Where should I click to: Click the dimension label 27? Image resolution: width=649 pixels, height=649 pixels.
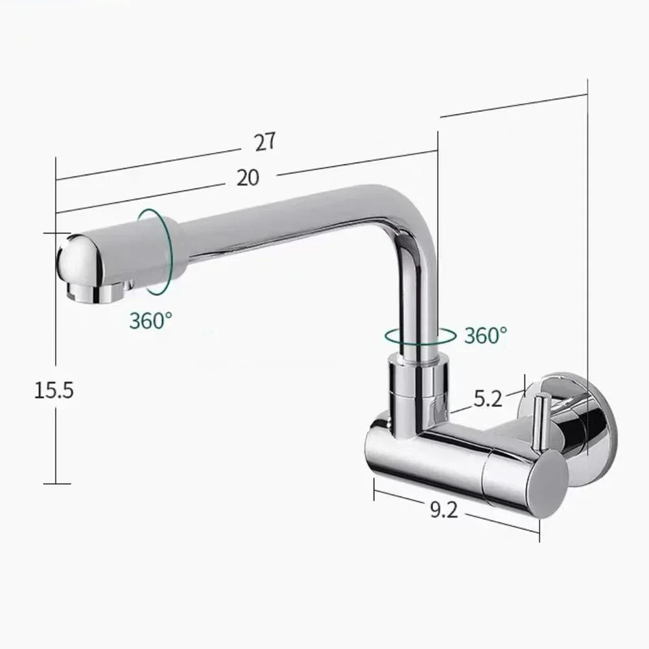(265, 142)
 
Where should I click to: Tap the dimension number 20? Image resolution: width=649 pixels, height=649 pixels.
(247, 177)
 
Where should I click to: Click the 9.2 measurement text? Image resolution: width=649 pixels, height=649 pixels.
(443, 511)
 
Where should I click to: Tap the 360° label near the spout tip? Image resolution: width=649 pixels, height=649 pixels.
(150, 320)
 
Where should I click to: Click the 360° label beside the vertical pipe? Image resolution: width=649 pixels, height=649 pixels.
(486, 335)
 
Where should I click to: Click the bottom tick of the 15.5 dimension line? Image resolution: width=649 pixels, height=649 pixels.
(56, 484)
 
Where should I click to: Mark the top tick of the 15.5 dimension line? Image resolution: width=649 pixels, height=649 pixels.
(56, 232)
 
